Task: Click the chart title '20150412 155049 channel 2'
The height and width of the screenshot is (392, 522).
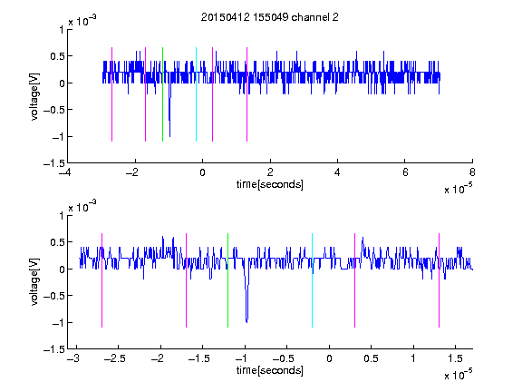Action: coord(270,17)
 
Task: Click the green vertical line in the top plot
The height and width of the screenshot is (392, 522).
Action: coord(162,94)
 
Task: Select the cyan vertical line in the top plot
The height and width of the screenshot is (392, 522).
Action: coord(196,94)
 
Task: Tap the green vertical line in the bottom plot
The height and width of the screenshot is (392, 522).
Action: coord(227,280)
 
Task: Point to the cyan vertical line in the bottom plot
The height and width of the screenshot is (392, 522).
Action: coord(312,280)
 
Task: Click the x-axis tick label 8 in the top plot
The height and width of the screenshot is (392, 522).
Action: coord(472,172)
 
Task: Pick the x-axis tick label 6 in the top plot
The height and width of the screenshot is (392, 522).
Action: coord(405,172)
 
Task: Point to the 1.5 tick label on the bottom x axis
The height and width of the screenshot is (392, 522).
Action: coord(456,358)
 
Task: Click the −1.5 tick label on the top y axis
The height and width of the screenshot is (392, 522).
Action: coord(54,163)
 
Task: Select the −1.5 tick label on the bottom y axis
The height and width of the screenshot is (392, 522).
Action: coord(54,349)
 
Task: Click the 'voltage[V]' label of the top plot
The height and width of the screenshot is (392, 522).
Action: coord(34,96)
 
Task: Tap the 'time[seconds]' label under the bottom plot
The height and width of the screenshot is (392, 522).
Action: coord(270,370)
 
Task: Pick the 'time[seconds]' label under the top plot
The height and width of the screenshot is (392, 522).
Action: coord(270,184)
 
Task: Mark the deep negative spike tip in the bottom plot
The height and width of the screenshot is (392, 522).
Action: coord(246,322)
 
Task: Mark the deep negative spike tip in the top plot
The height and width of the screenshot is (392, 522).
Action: coord(169,136)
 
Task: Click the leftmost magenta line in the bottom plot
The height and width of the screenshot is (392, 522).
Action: coord(101,280)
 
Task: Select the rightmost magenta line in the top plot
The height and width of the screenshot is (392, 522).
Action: coord(246,94)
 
